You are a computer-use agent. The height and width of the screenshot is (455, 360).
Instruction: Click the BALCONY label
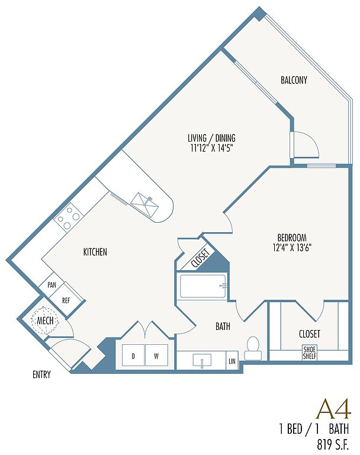(294, 80)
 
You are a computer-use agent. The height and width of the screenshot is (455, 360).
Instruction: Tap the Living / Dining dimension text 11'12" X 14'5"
(212, 148)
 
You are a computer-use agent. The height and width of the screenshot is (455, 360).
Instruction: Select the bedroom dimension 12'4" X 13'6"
(292, 248)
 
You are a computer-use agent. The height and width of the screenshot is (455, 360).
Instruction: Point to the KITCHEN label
(95, 252)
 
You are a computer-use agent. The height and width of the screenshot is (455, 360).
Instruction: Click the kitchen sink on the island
(144, 203)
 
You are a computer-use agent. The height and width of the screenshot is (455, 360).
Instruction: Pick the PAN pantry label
(52, 285)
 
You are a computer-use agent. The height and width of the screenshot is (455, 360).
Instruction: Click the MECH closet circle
(45, 321)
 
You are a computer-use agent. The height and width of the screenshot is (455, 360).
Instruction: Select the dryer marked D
(133, 355)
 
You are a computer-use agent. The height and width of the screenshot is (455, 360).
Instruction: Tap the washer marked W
(156, 355)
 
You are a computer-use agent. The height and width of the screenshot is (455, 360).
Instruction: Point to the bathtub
(203, 286)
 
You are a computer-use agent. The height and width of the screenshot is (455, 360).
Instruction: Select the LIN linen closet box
(232, 360)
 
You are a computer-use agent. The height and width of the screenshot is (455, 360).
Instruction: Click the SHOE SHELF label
(310, 353)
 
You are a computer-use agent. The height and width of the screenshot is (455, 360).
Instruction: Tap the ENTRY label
(41, 374)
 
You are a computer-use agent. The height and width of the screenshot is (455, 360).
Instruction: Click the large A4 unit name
(335, 409)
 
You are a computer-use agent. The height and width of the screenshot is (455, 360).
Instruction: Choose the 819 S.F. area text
(333, 444)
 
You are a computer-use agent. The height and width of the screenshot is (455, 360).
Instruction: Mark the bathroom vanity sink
(202, 360)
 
